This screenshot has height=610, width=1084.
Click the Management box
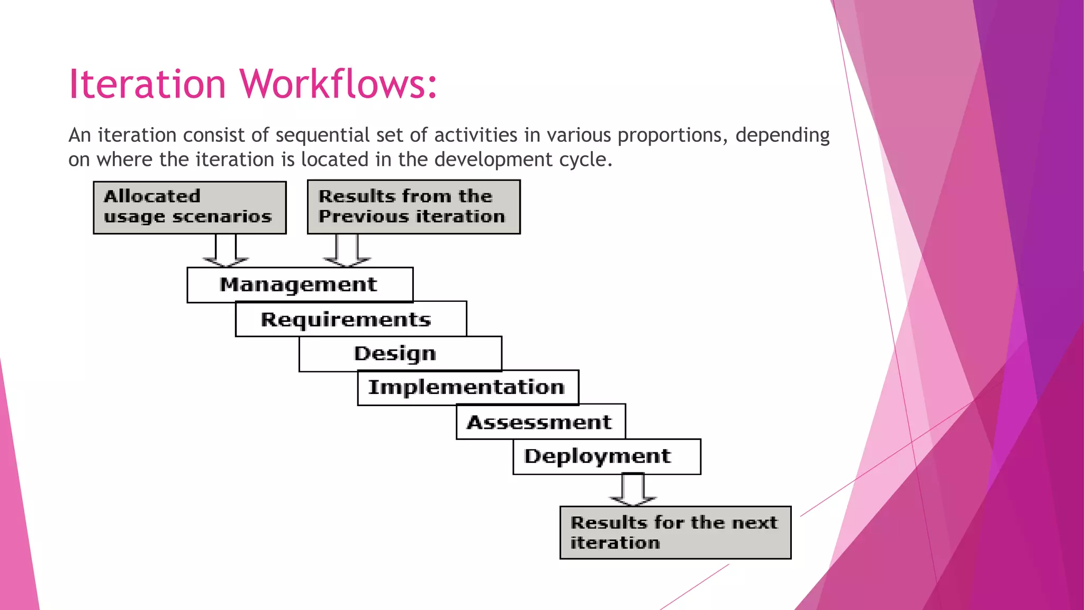click(x=300, y=285)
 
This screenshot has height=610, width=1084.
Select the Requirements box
click(x=350, y=319)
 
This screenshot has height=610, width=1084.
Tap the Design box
click(x=400, y=353)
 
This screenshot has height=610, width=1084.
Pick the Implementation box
click(x=468, y=387)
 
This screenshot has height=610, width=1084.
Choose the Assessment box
click(x=540, y=422)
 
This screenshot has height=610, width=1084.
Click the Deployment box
click(x=607, y=456)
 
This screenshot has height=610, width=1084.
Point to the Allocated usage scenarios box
click(x=189, y=208)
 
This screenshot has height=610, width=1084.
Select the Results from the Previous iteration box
click(x=413, y=207)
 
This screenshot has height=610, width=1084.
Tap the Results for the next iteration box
click(x=675, y=533)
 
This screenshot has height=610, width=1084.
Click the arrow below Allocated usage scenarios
click(x=226, y=251)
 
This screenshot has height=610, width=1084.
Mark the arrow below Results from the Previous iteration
click(x=347, y=251)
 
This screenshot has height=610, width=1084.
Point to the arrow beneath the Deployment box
click(x=633, y=490)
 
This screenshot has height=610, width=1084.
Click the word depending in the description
click(x=782, y=136)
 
